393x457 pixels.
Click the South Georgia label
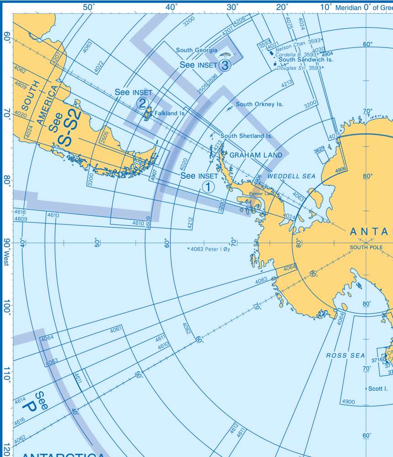[197, 50]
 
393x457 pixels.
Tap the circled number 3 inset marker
[225, 65]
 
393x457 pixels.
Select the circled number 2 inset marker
[142, 103]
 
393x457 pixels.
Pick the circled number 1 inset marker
[208, 186]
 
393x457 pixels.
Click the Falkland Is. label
[169, 113]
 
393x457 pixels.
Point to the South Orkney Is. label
[259, 104]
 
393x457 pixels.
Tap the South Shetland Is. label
[246, 136]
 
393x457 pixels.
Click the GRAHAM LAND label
[256, 155]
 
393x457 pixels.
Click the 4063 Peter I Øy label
[209, 250]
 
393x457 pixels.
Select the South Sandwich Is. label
[306, 60]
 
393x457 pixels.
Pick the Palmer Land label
[262, 194]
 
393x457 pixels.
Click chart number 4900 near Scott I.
[348, 402]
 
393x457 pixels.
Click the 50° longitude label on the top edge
[89, 7]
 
